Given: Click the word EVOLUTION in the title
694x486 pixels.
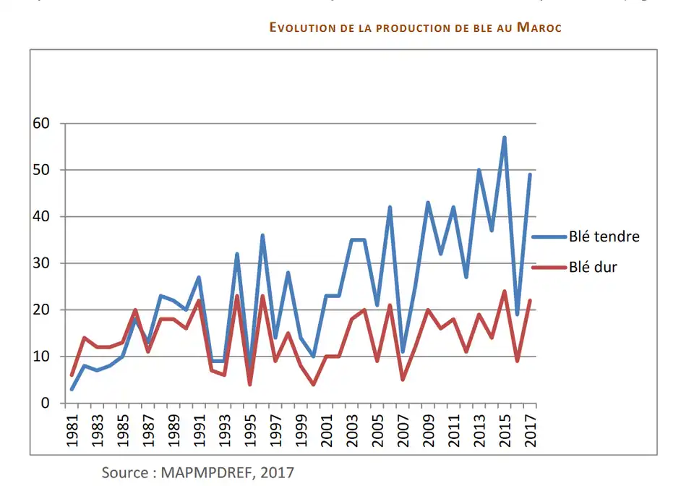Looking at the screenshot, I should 302,28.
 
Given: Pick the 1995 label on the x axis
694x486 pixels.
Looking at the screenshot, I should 249,431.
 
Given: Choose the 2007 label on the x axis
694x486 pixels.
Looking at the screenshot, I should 402,431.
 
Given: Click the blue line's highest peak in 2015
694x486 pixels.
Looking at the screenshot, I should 504,137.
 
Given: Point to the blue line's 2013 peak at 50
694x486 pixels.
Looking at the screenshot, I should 479,170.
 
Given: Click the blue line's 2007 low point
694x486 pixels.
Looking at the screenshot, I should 403,351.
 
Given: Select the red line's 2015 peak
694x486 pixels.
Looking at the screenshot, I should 504,291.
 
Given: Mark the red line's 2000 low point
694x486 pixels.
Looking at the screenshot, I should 313,384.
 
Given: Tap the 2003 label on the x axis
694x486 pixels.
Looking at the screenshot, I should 351,431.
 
